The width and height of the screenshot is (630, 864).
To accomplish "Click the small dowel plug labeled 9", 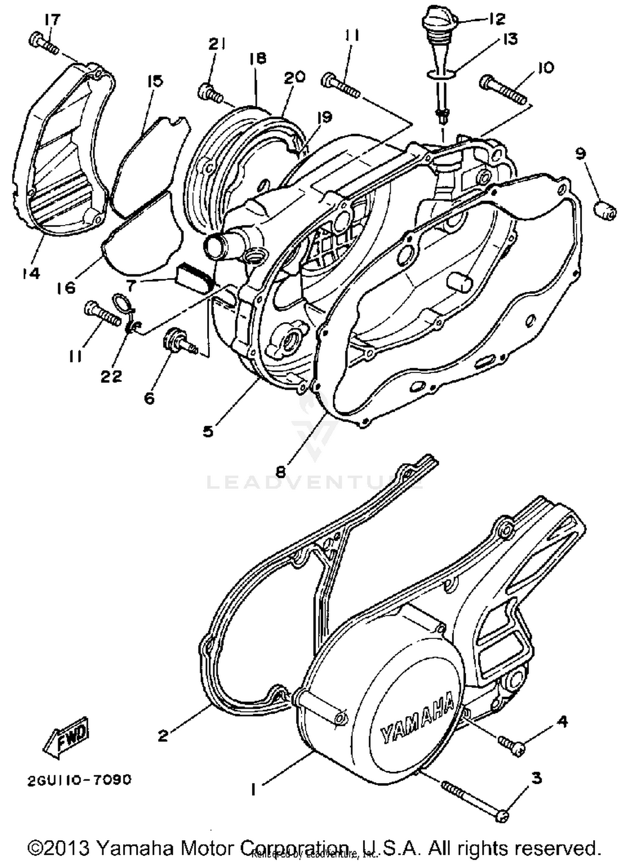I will point(605,210).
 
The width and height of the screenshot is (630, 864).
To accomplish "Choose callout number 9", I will point(580,154).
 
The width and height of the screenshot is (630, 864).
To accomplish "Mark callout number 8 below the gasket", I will point(281,471).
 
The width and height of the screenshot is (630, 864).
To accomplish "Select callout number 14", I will point(31,273).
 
